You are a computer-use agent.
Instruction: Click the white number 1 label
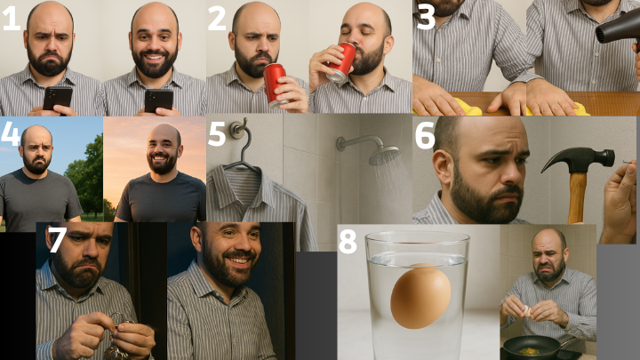12,19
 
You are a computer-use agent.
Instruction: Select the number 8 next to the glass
348,241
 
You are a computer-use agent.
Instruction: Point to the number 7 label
57,239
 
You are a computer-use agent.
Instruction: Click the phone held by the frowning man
58,99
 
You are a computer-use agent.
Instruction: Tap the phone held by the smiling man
159,100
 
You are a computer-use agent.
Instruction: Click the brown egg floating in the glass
420,297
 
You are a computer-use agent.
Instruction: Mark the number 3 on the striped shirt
425,16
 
